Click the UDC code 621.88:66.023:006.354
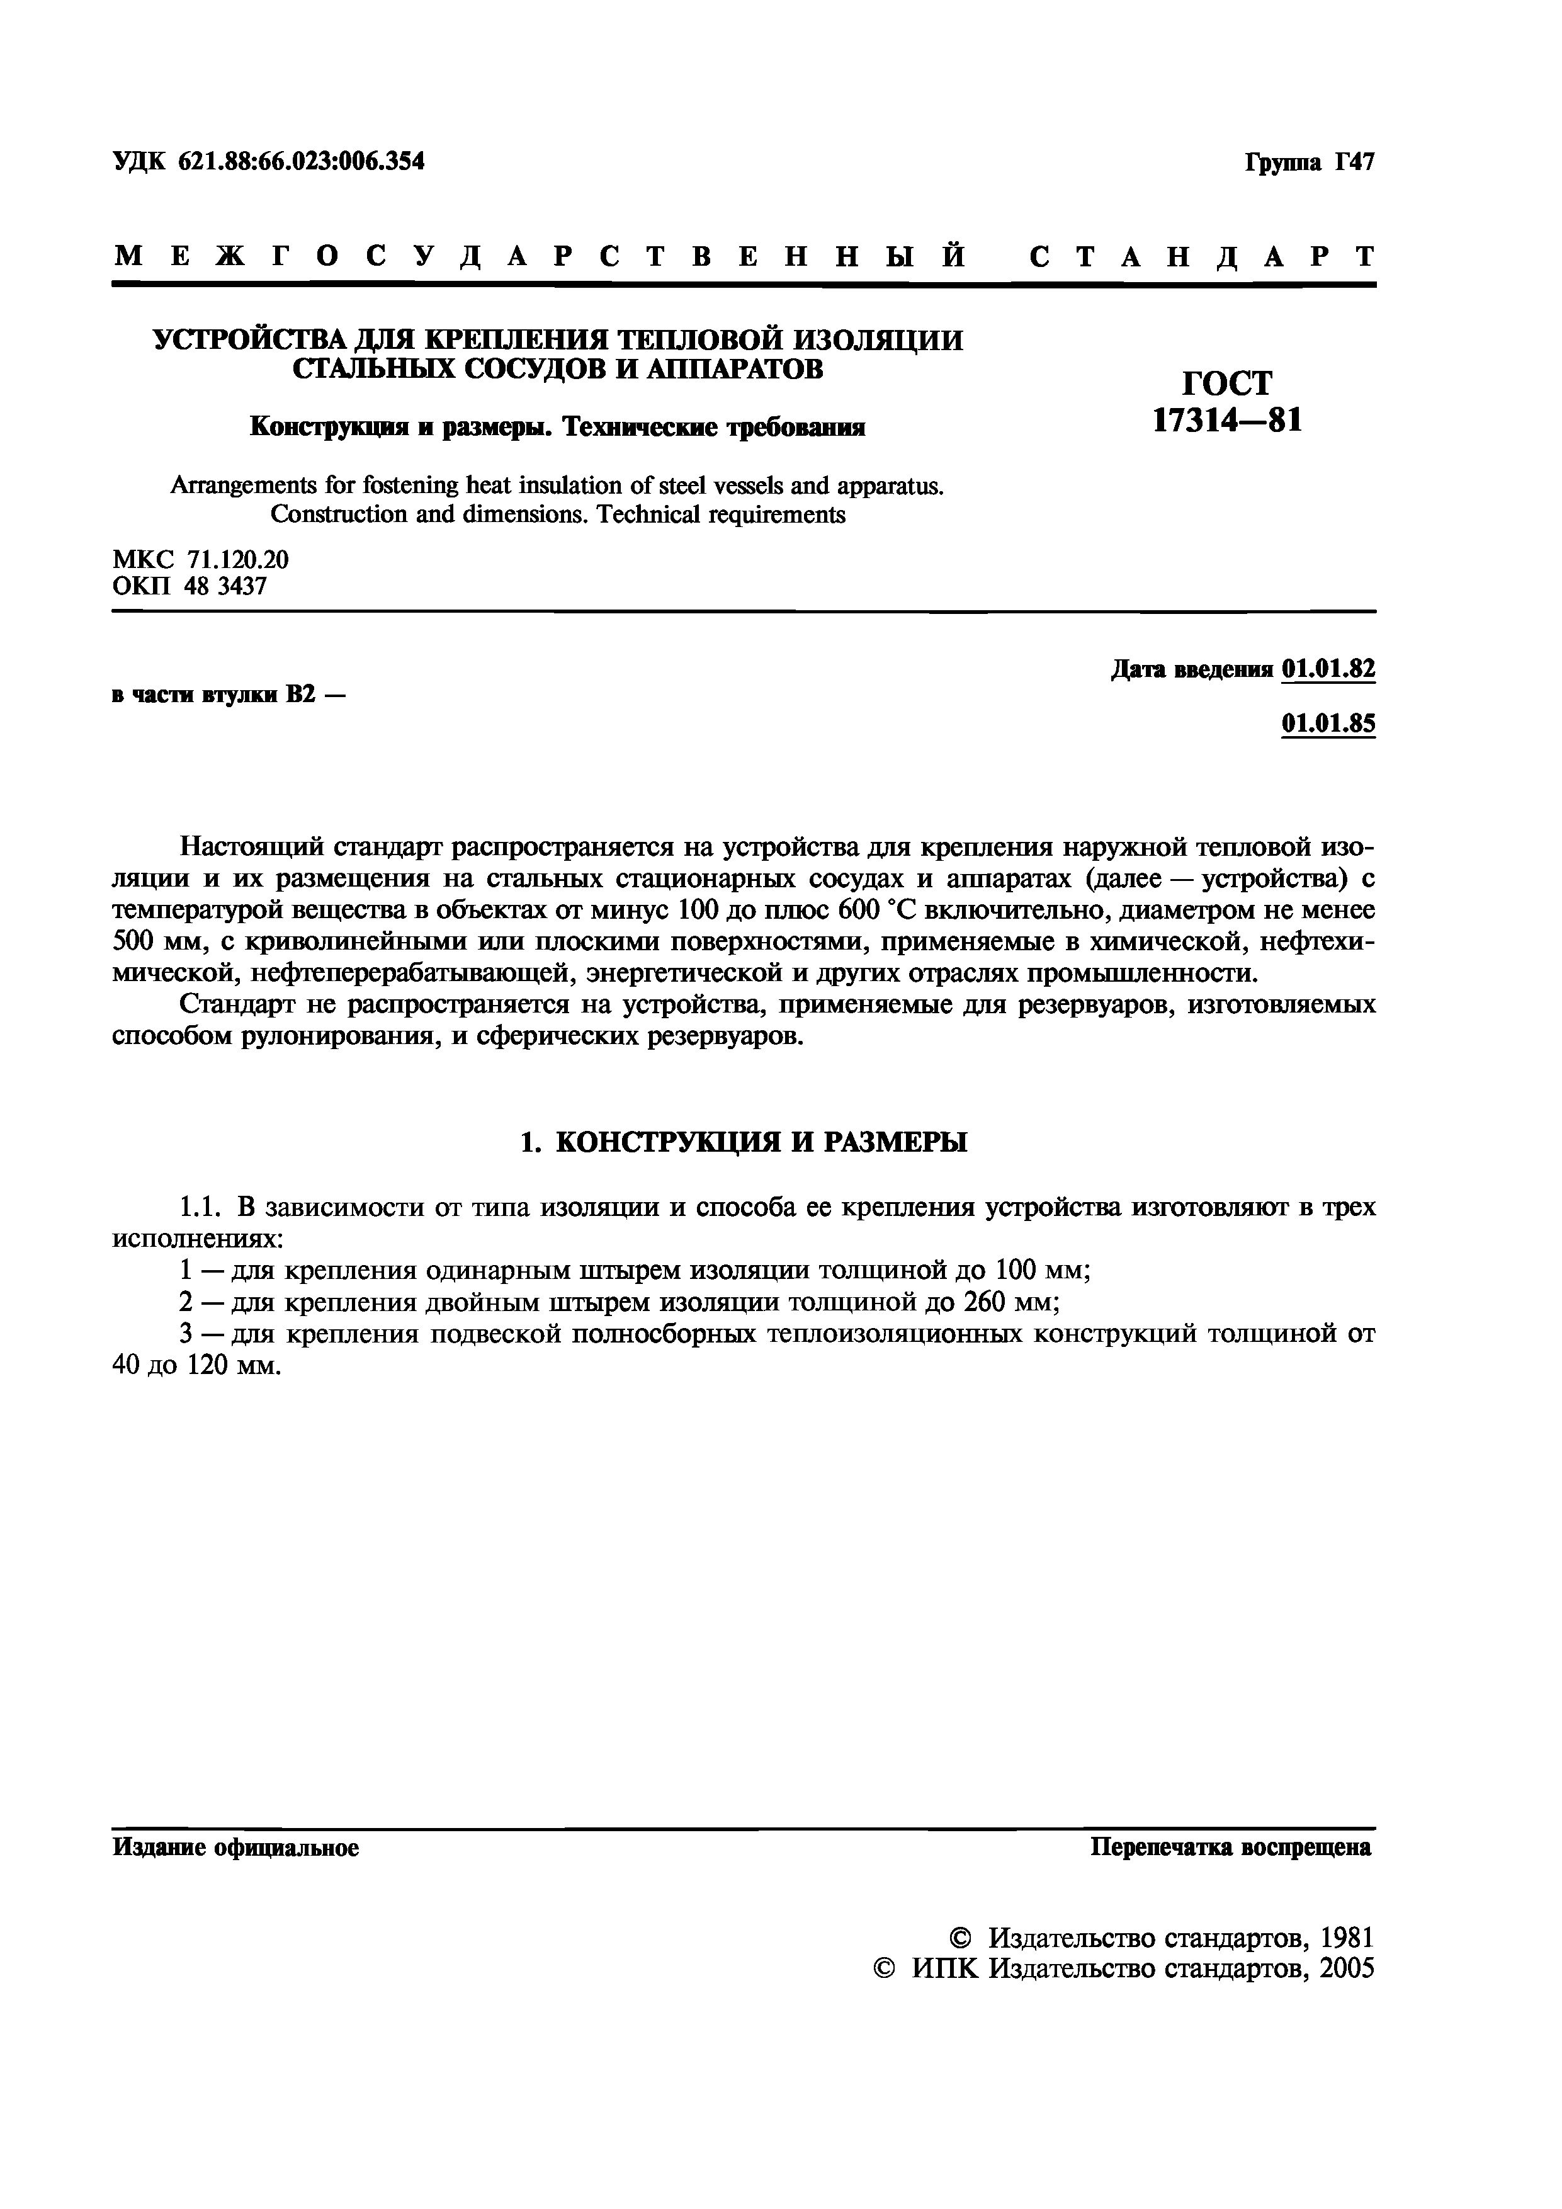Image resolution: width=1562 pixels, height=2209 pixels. point(300,162)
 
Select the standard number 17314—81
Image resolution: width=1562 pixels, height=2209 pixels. point(1227,421)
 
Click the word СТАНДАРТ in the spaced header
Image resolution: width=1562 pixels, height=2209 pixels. point(1203,257)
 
